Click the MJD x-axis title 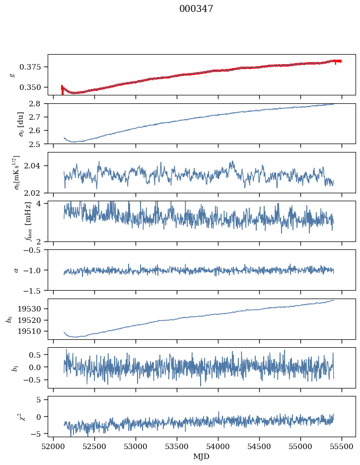201,457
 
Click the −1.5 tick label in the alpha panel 34,290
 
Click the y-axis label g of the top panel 12,75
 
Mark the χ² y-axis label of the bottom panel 12,416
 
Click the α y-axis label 16,270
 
